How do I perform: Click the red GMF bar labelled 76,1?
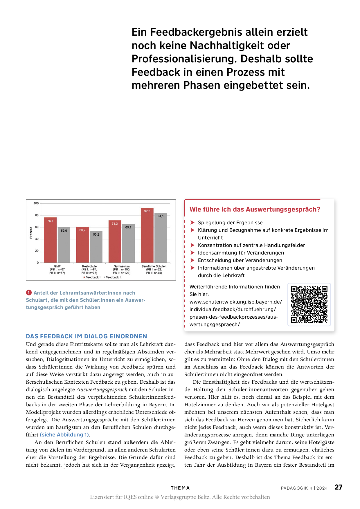[x=50, y=240]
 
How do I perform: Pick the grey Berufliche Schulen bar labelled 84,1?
[x=161, y=238]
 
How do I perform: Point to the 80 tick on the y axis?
[x=37, y=215]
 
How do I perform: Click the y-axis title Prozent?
[x=31, y=233]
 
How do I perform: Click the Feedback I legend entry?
[x=92, y=277]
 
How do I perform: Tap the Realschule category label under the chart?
[x=89, y=266]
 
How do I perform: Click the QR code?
[x=309, y=304]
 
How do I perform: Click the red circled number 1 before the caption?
[x=29, y=293]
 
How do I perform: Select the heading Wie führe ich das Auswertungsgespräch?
[x=255, y=210]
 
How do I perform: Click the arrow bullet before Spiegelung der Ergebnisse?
[x=192, y=223]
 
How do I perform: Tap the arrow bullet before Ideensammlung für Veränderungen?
[x=192, y=253]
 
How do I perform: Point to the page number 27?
[x=338, y=487]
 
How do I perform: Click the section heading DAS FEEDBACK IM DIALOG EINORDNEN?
[x=87, y=336]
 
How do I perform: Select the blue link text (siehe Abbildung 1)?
[x=65, y=435]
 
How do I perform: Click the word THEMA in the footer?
[x=180, y=488]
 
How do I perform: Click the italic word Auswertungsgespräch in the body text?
[x=102, y=389]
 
